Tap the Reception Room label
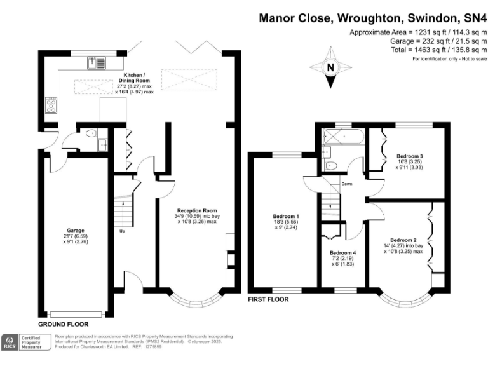coord(197,210)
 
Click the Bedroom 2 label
coord(403,240)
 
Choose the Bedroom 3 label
coord(410,156)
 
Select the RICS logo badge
coord(11,343)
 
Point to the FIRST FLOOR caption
coord(268,299)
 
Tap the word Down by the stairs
coord(346,184)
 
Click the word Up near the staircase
coord(122,231)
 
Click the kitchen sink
coord(100,62)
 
